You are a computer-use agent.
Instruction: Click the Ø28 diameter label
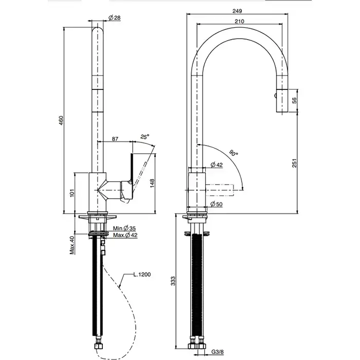pyautogui.click(x=114, y=19)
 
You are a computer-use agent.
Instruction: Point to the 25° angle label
pyautogui.click(x=145, y=137)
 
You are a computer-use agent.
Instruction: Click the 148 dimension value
pyautogui.click(x=153, y=183)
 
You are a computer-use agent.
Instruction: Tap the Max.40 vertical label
pyautogui.click(x=73, y=245)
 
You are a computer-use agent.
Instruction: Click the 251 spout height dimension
pyautogui.click(x=295, y=163)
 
